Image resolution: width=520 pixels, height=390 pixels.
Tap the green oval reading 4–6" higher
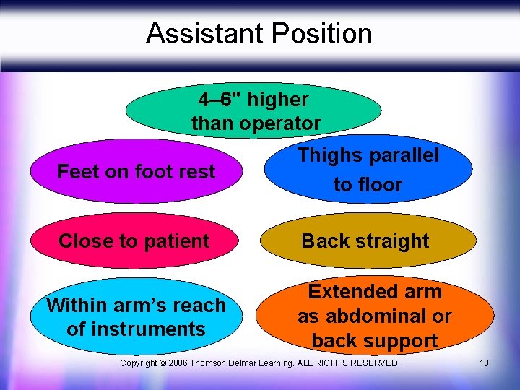point(253,110)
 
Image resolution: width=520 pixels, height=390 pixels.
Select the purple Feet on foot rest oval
point(136,172)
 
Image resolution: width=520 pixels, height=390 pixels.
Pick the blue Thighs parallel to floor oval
point(368,170)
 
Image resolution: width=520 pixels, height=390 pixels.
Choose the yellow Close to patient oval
point(134,241)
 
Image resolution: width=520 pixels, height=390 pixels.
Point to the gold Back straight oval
point(368,241)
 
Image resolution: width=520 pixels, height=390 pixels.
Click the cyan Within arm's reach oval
point(136,317)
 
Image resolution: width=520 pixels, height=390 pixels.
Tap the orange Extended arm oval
point(374,316)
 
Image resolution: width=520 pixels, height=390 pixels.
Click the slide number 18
point(484,363)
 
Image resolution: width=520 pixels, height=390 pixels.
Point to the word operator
point(281,123)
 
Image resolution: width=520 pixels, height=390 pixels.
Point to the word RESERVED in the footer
point(373,363)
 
